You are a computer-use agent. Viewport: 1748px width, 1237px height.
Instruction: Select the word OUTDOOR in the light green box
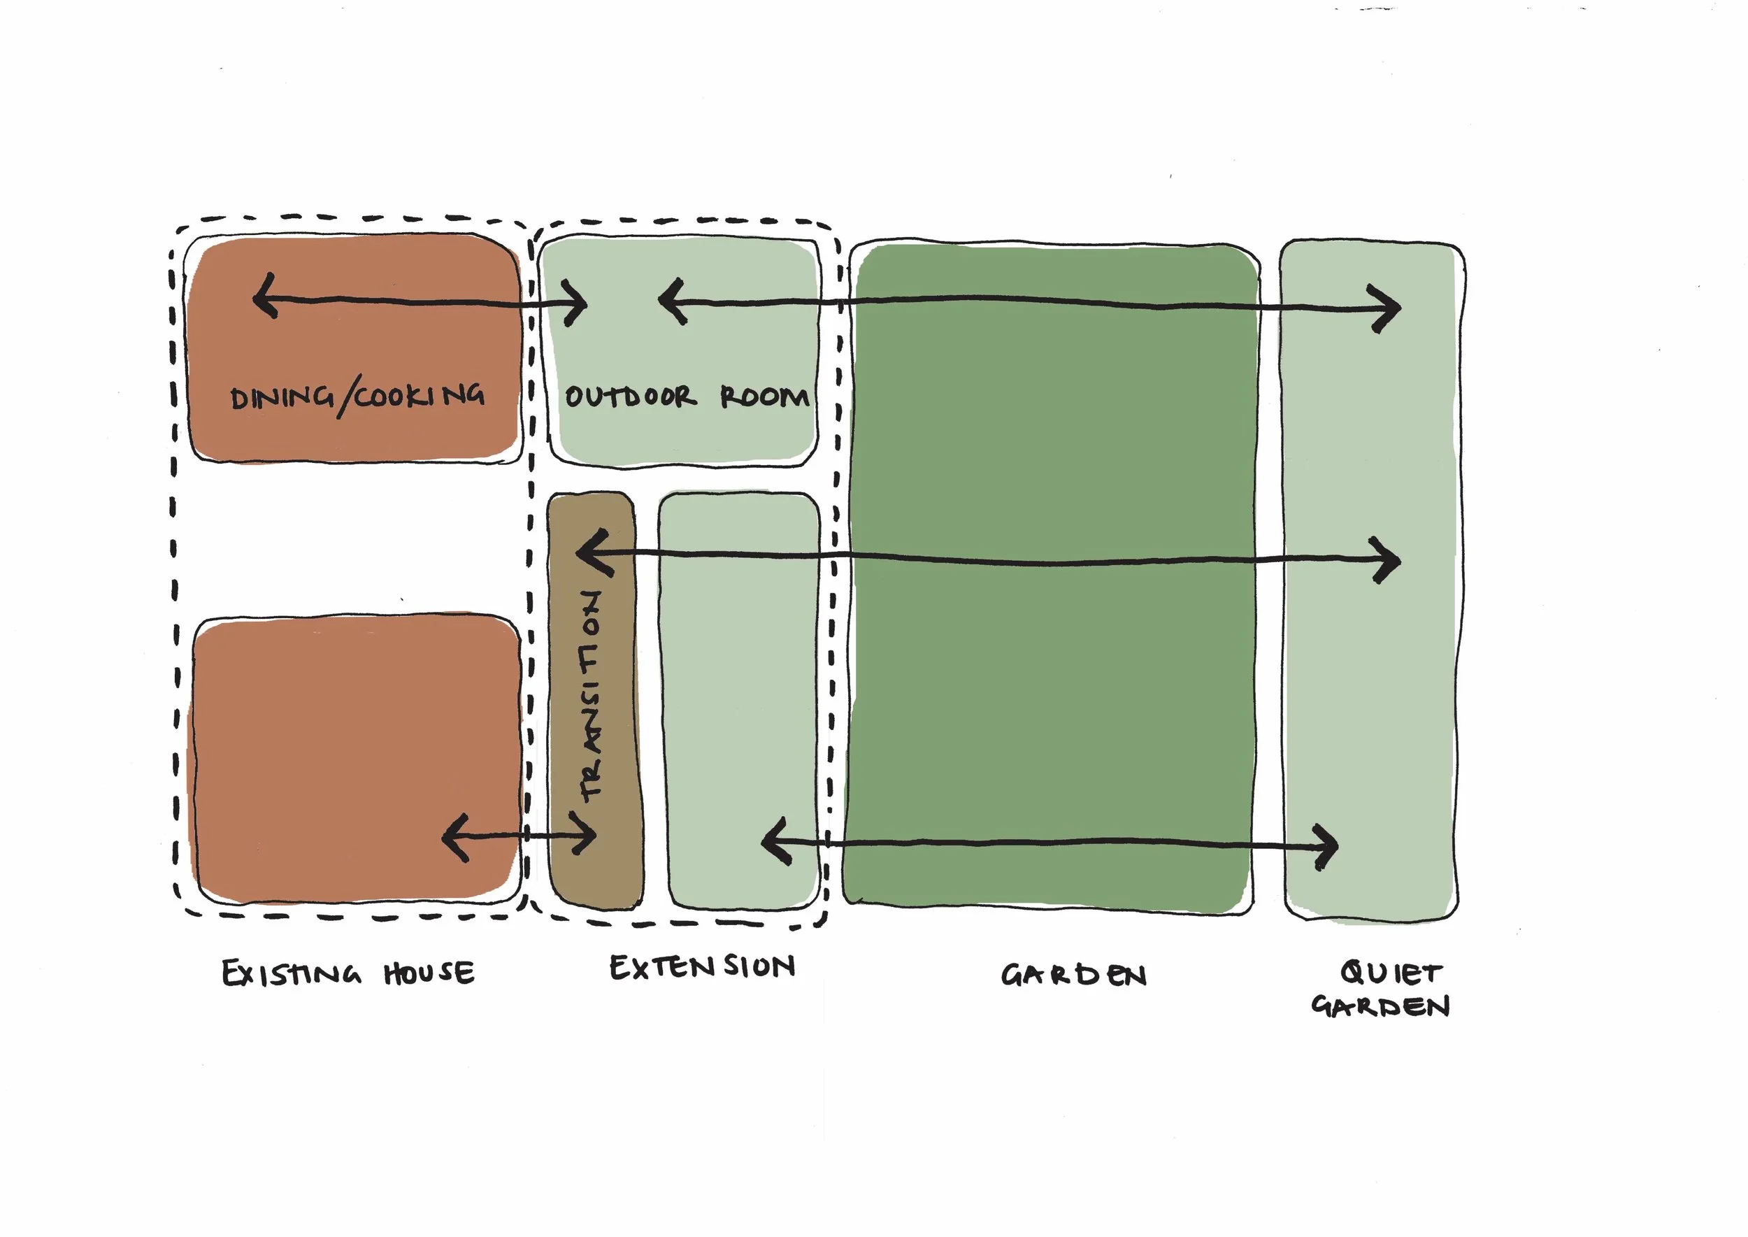(629, 396)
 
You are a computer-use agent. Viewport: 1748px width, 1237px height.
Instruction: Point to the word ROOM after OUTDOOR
(764, 396)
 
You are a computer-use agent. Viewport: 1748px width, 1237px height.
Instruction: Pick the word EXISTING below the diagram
(291, 974)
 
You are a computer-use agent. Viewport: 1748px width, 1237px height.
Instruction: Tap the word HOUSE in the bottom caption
(429, 973)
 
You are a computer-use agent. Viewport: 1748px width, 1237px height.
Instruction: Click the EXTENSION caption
(702, 967)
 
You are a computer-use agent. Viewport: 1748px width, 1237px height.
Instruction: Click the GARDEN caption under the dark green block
(1073, 975)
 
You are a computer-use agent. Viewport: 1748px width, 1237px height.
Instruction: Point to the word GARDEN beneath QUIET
(1380, 1007)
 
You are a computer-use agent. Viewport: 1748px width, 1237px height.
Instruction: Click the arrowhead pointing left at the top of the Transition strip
(588, 553)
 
